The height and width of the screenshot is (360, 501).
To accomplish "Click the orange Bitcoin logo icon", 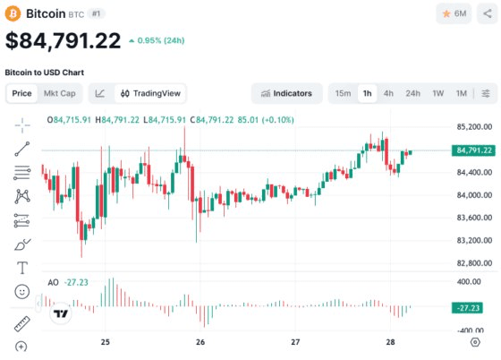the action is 13,14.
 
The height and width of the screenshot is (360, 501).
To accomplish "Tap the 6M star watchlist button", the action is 454,13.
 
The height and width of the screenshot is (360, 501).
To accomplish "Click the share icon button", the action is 488,13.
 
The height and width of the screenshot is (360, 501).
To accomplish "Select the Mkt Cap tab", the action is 59,93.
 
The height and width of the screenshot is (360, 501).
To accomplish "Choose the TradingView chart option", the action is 150,93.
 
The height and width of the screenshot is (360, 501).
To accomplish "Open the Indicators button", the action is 286,93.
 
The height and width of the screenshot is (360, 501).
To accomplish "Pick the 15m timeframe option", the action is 343,93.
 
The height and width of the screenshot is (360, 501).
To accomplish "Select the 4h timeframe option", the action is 388,93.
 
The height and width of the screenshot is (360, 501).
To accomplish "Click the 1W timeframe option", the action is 437,93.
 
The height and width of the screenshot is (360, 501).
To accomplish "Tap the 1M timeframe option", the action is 461,93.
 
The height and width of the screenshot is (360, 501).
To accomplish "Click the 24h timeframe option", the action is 412,93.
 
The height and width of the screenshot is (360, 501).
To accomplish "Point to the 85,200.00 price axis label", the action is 474,127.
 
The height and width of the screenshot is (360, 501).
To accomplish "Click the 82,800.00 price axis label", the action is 474,263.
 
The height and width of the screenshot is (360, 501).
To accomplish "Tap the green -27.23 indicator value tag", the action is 468,308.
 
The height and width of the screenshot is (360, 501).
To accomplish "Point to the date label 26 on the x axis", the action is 200,342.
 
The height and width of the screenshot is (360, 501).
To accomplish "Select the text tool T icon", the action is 22,268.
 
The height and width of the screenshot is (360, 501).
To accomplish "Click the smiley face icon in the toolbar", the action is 22,292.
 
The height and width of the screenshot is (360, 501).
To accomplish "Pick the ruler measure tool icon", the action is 22,323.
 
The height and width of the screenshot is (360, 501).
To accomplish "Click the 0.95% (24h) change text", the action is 161,40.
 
